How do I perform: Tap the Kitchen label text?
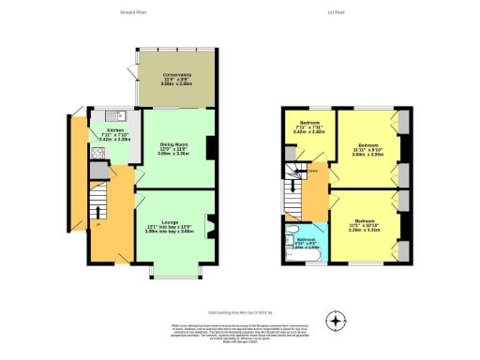[x=114, y=130]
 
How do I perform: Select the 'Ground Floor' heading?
[x=136, y=13]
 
